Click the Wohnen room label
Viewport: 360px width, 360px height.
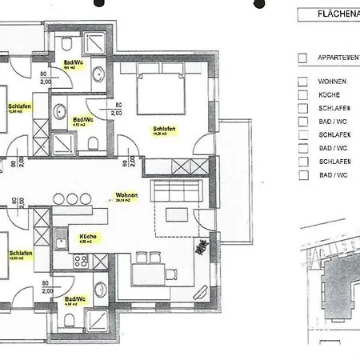tap(126, 195)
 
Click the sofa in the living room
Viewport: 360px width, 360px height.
tap(176, 192)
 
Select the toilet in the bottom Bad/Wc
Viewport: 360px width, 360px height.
tap(70, 320)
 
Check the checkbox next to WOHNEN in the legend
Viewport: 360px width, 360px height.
tap(302, 82)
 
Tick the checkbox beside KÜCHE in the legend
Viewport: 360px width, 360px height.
tap(302, 95)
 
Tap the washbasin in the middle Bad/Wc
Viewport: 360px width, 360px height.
tap(61, 111)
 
